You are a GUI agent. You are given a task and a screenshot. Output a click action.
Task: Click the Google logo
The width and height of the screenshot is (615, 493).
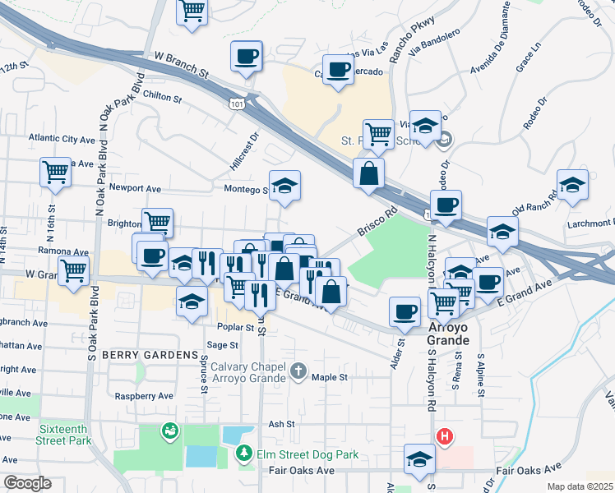click(x=27, y=482)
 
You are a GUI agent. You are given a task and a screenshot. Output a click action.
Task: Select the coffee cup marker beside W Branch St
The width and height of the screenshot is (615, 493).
click(x=246, y=57)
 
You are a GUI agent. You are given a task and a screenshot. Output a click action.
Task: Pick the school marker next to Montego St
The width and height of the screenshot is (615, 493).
click(x=284, y=187)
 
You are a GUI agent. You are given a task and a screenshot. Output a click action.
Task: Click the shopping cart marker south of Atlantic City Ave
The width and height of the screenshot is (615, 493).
click(x=55, y=173)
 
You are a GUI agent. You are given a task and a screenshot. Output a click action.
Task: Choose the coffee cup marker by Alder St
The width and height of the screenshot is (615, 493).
click(x=404, y=311)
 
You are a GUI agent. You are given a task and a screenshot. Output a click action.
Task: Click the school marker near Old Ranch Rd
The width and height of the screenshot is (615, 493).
click(x=572, y=186)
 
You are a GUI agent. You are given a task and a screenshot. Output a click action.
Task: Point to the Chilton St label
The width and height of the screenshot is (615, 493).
click(x=161, y=97)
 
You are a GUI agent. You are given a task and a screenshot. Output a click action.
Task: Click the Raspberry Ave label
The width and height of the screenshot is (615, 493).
click(x=144, y=395)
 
